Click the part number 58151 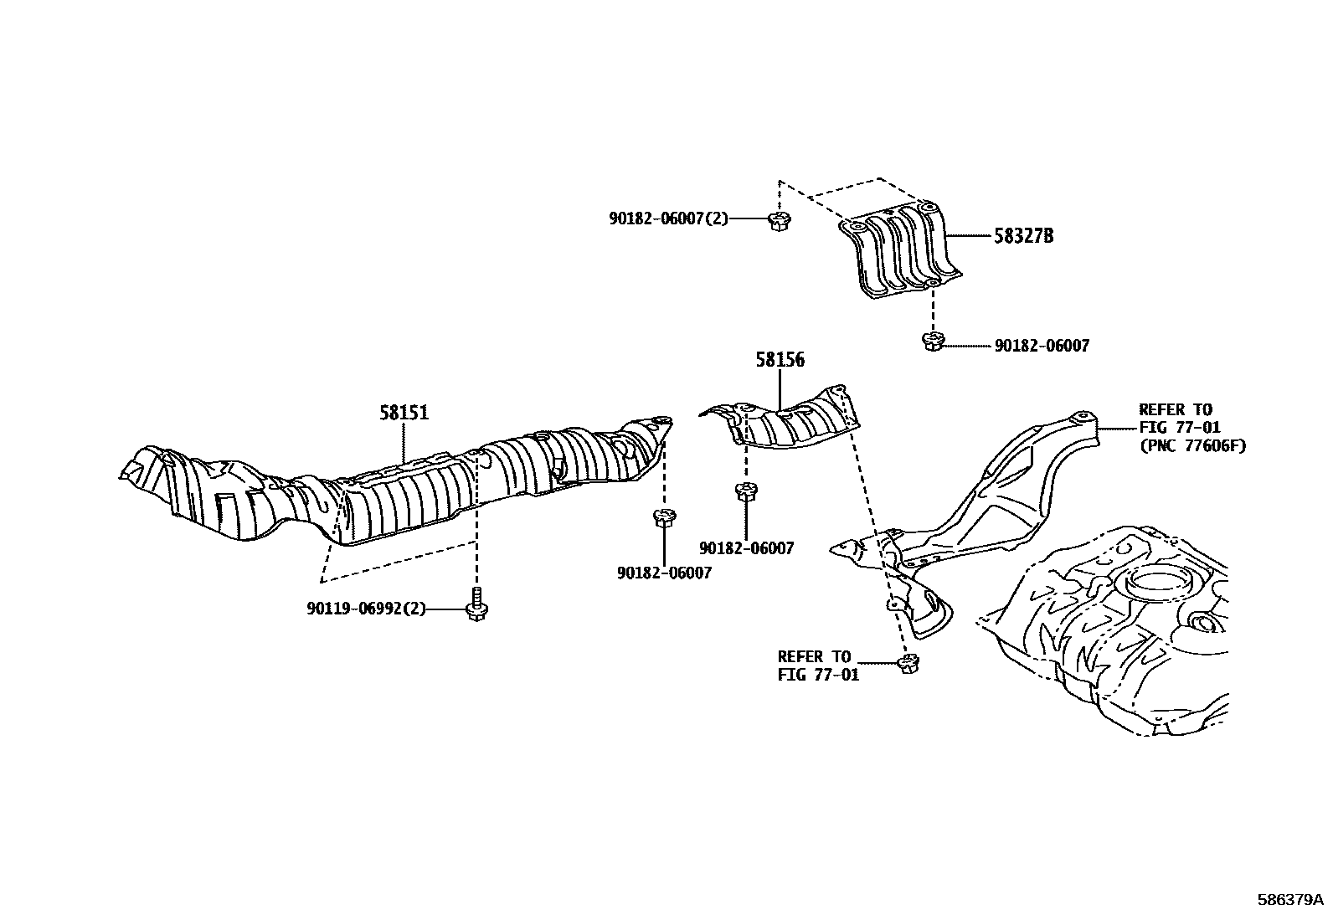tap(404, 413)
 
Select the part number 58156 tap(780, 360)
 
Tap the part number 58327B tap(1023, 236)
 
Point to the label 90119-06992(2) tap(366, 609)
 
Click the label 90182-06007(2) tap(668, 218)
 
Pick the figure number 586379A tap(1289, 900)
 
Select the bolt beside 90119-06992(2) tap(477, 606)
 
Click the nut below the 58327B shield tap(933, 341)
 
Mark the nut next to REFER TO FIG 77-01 tap(908, 664)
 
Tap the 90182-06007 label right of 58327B tap(1042, 346)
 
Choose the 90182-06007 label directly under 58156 tap(746, 548)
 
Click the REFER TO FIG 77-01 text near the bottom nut tap(818, 666)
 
